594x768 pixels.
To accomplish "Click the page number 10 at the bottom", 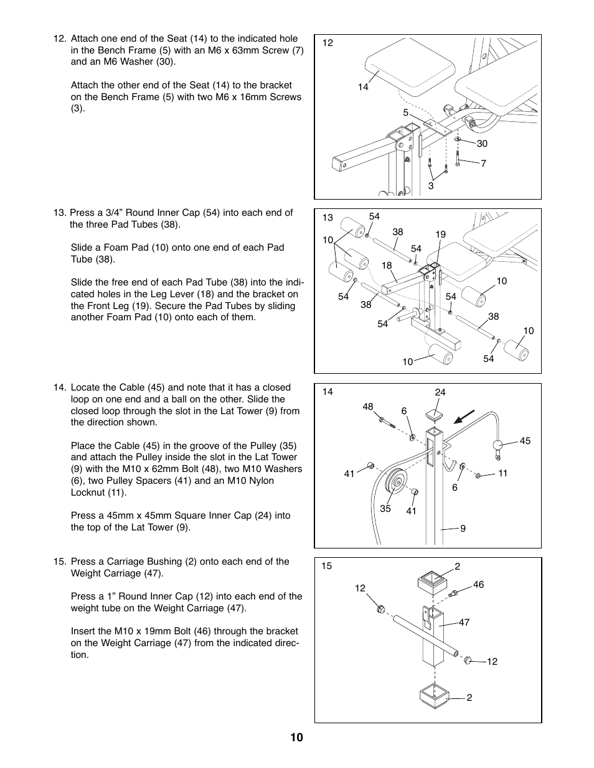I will [296, 738].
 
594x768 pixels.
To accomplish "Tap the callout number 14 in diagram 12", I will [363, 87].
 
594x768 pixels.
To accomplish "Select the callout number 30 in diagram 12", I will [482, 144].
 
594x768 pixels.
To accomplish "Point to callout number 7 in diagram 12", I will [483, 164].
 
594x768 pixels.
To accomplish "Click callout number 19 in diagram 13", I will [441, 234].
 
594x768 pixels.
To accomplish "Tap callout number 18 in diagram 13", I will [387, 266].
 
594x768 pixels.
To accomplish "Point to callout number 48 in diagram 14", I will [368, 407].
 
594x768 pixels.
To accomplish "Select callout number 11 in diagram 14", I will [503, 473].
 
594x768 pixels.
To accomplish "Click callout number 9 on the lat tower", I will [463, 529].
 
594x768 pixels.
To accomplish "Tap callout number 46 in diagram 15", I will [478, 585].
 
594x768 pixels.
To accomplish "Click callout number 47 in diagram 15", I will [464, 622].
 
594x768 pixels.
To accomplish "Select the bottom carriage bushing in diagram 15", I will [435, 695].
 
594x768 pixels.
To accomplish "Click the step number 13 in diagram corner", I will [328, 218].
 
